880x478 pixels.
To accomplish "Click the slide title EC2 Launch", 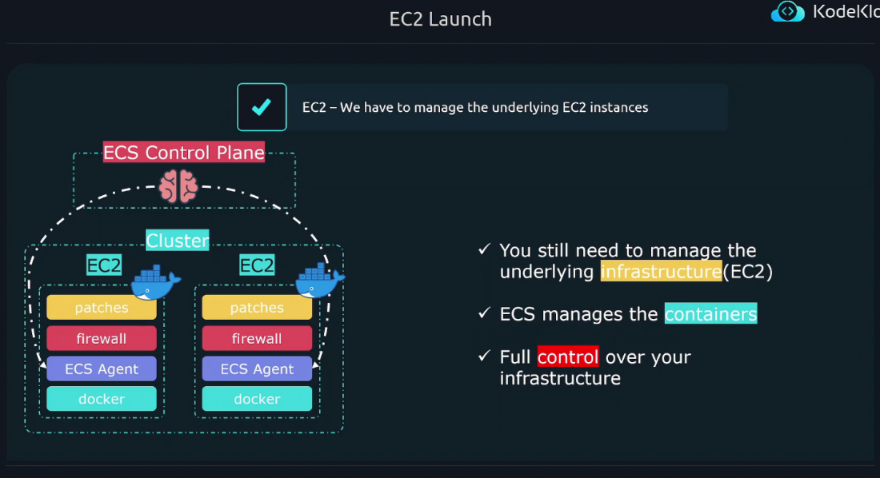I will (x=440, y=19).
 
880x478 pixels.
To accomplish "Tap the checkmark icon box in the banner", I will (x=262, y=107).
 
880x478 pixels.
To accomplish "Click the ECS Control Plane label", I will (x=184, y=153).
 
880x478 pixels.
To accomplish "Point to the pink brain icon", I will (x=178, y=187).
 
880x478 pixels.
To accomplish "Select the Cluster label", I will (x=178, y=241).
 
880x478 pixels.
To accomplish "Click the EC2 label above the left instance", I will (x=104, y=265).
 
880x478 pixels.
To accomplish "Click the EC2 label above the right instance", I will (x=258, y=265).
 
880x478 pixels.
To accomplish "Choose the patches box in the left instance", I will (x=102, y=308).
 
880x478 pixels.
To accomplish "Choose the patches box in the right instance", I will (x=257, y=308).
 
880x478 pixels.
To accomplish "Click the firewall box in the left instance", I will (x=102, y=338).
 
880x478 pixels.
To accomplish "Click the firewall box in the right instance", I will (x=257, y=338).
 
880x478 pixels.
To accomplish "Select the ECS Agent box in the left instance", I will (x=102, y=368).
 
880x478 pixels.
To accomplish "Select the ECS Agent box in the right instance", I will (x=257, y=368).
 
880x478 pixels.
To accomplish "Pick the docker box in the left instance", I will (x=102, y=399).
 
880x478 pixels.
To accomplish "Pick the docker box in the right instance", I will (x=257, y=399).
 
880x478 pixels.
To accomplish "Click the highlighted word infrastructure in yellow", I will (x=661, y=272).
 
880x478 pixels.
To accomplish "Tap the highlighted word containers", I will (x=710, y=314).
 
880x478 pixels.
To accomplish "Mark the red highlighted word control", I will (x=568, y=357).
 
